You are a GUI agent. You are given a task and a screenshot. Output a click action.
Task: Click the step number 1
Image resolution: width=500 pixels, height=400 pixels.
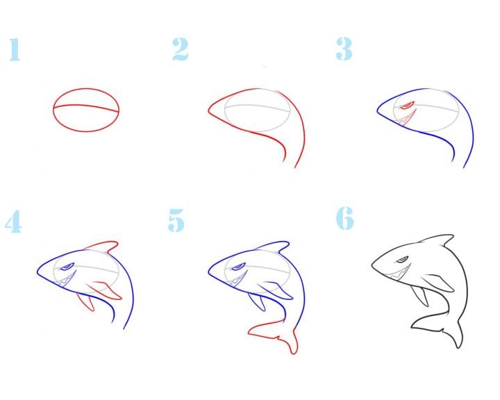point(15,49)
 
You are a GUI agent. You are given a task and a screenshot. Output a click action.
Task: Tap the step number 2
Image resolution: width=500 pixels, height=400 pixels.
point(181,49)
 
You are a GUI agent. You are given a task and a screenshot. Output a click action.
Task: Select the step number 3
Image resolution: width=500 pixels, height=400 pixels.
point(344,49)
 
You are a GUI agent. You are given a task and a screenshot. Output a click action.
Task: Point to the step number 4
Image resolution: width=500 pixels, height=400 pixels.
point(13,222)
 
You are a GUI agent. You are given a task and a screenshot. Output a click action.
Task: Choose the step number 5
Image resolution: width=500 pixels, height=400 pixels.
point(176,220)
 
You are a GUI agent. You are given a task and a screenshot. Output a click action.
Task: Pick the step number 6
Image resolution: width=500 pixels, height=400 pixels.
point(344,218)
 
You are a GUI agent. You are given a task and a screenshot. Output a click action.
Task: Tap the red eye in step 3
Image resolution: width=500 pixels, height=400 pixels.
point(408,106)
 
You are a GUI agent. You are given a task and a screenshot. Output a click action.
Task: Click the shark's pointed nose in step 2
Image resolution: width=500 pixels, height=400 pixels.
point(209,111)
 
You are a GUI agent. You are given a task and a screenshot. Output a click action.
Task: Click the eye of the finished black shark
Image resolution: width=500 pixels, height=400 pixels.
point(402,260)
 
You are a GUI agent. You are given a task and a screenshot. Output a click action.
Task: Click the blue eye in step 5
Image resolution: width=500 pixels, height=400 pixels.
point(238,267)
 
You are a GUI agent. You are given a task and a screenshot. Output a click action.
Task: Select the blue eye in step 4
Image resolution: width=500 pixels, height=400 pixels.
point(67,267)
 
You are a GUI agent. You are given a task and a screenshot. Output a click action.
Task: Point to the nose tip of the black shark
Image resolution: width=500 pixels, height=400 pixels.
point(372,265)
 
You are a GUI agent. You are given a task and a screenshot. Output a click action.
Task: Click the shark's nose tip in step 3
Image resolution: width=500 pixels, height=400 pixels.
point(378,111)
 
